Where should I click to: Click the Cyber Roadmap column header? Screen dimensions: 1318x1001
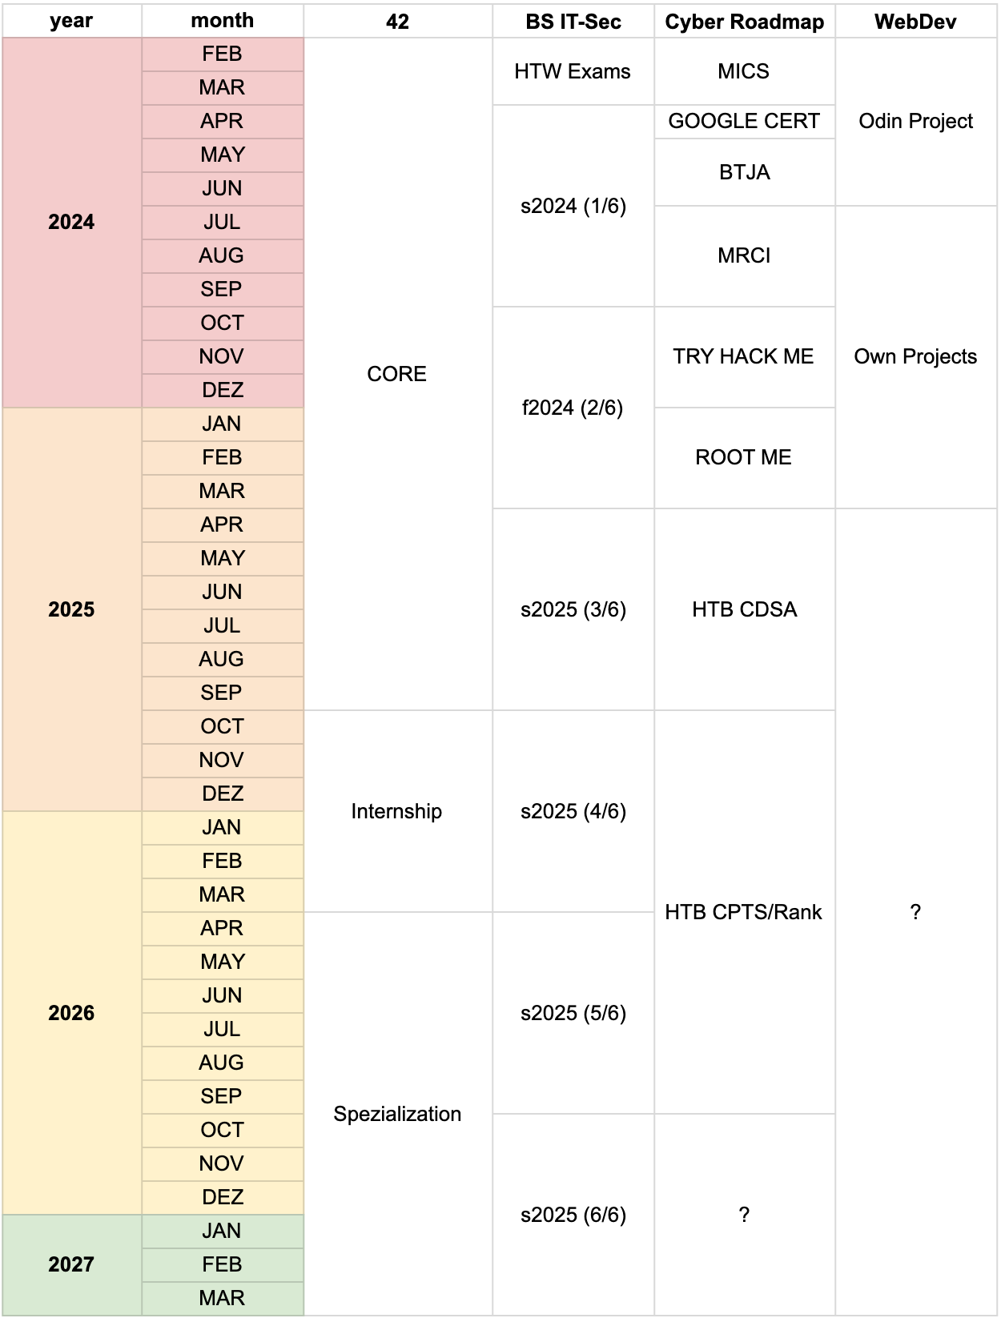[x=744, y=22]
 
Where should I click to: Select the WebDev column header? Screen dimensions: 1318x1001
[x=915, y=22]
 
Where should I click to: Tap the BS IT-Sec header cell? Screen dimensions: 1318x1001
[x=573, y=22]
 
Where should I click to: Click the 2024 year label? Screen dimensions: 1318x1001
[x=71, y=222]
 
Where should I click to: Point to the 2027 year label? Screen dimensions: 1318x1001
[x=71, y=1264]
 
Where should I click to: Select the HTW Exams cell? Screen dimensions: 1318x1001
[x=573, y=71]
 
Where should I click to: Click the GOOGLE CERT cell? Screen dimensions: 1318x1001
[x=744, y=121]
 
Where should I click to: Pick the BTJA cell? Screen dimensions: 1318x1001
[x=744, y=172]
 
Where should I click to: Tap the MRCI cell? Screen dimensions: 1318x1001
[x=744, y=255]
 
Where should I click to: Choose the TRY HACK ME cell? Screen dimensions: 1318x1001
[x=743, y=356]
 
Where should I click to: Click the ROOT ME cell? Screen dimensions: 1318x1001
[x=743, y=457]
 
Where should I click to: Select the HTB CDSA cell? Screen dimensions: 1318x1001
[x=744, y=609]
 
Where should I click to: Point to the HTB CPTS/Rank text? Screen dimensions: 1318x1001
[x=743, y=912]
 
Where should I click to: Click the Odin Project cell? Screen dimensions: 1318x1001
[x=915, y=121]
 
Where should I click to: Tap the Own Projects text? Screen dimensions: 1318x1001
[x=915, y=356]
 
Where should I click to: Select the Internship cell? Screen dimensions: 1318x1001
[x=396, y=811]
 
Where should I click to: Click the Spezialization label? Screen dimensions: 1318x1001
[x=397, y=1114]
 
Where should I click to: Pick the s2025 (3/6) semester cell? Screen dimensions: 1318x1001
[x=573, y=609]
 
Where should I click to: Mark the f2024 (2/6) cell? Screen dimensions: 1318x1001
[x=573, y=408]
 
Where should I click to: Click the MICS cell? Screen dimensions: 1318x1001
[x=743, y=71]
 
